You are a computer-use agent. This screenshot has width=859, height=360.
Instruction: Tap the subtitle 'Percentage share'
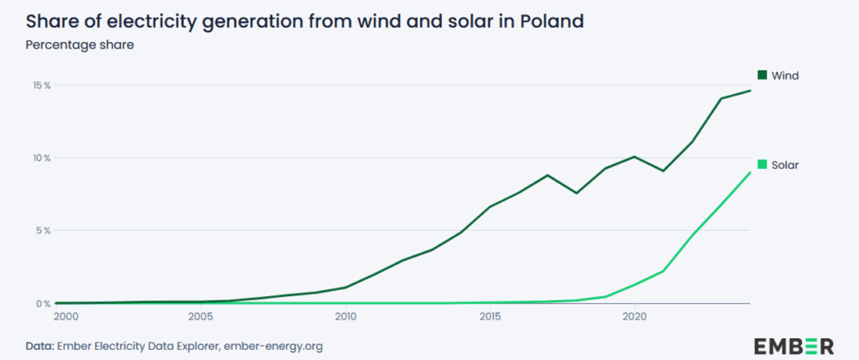(80, 44)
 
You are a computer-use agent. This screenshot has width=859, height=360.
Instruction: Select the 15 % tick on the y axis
(41, 86)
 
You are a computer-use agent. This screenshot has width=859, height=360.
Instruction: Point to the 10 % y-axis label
(41, 158)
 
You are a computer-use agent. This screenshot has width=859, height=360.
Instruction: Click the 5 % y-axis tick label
(43, 230)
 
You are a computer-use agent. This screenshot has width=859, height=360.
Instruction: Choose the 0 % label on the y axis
(43, 303)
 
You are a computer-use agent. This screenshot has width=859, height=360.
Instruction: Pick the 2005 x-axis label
(200, 317)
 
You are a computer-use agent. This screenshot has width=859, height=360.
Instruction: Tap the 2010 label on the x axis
(345, 317)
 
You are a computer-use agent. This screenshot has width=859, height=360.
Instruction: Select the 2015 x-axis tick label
(490, 317)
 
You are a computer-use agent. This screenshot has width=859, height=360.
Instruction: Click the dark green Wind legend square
(762, 76)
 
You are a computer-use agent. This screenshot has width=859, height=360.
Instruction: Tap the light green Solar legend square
(762, 164)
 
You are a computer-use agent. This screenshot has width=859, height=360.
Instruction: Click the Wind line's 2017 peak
(548, 175)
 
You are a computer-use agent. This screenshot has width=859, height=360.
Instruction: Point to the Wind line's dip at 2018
(576, 193)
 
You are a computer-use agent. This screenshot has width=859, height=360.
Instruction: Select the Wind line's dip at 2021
(664, 171)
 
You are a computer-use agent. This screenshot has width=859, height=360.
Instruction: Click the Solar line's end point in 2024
(750, 173)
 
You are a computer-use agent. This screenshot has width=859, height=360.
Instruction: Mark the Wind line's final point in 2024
(750, 91)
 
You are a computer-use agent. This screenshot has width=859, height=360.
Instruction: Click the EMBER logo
(794, 345)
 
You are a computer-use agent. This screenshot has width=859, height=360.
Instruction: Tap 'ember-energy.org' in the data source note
(274, 346)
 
